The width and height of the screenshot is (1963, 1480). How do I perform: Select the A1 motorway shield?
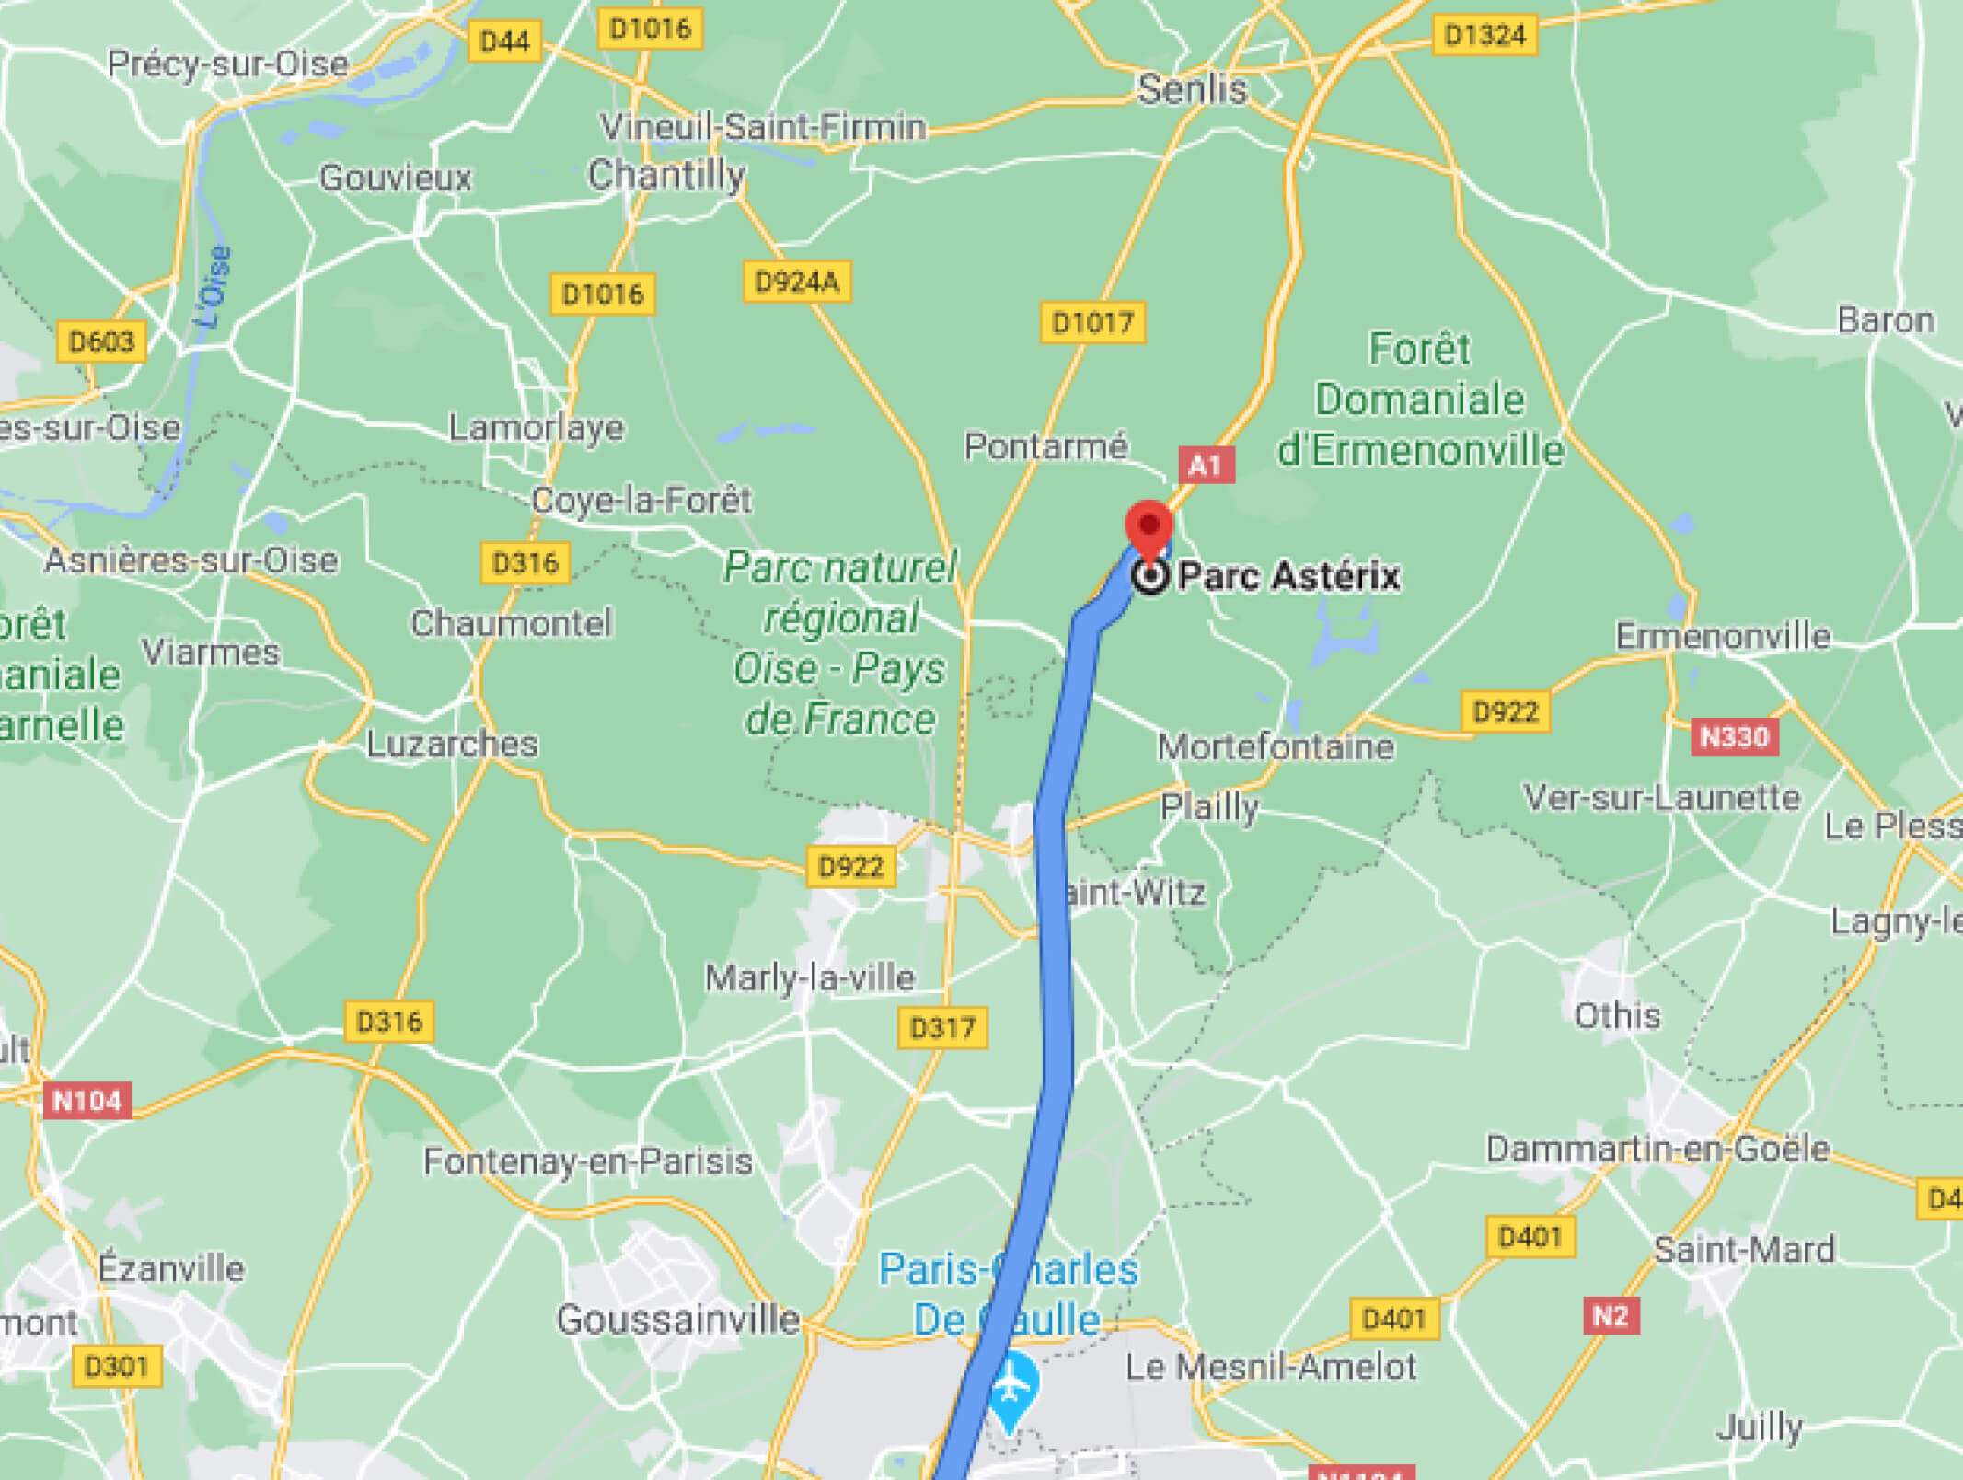click(1206, 465)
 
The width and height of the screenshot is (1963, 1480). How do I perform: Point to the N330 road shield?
click(1734, 737)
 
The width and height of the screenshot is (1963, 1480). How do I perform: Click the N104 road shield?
click(87, 1101)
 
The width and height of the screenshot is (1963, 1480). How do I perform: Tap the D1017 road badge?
click(1092, 323)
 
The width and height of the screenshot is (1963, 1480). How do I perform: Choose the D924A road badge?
click(797, 282)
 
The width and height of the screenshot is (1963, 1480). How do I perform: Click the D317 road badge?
click(942, 1028)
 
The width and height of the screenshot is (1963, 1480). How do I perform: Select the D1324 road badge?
click(1484, 35)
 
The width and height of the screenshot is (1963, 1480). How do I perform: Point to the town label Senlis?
click(1192, 90)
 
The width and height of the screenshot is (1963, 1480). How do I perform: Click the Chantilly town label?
click(666, 174)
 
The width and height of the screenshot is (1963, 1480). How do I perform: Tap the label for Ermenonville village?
click(1723, 636)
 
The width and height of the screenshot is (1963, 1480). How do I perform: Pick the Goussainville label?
click(678, 1320)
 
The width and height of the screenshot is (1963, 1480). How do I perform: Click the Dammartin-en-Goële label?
click(1657, 1149)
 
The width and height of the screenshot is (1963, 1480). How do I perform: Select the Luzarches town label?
click(452, 744)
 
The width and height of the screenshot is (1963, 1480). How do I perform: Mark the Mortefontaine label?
click(1276, 746)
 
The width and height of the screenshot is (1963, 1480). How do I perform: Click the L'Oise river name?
click(214, 286)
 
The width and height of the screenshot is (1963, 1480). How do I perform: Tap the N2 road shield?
click(1611, 1316)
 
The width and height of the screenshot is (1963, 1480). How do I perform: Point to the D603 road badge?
click(101, 342)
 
